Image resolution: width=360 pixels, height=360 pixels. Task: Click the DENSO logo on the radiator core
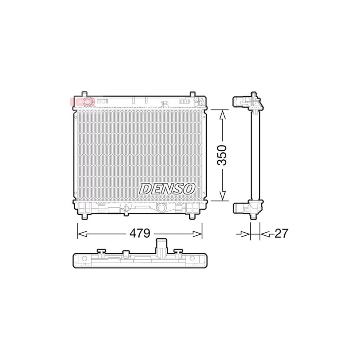tap(167, 188)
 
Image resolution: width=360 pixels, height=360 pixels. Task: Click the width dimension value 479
tap(139, 233)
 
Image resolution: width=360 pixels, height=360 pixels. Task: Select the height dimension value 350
tap(222, 155)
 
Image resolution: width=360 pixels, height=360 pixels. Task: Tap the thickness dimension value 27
tap(281, 233)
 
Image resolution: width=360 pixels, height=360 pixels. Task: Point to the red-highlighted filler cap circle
tap(88, 102)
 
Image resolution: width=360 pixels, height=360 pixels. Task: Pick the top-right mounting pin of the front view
tap(192, 94)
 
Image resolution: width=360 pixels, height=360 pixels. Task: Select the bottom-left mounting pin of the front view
tap(86, 216)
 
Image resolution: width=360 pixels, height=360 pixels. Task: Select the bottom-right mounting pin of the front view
tap(192, 216)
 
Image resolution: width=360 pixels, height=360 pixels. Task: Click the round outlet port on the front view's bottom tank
tap(162, 208)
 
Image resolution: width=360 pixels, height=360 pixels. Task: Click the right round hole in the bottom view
tap(192, 259)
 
